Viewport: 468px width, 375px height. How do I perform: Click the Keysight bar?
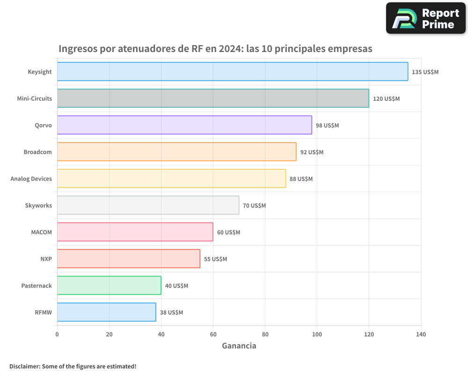233,72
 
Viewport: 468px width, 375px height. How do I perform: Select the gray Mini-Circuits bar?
213,98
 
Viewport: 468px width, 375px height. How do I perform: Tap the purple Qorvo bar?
184,125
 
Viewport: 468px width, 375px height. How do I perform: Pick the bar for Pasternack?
109,285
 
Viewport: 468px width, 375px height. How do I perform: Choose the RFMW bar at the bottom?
107,312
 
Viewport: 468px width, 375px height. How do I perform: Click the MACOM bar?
135,232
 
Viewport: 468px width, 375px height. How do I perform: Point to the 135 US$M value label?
425,72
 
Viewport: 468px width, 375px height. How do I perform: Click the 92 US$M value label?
312,152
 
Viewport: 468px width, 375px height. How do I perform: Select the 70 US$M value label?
254,206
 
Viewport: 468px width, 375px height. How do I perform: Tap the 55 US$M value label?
215,259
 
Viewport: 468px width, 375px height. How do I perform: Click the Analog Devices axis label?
31,179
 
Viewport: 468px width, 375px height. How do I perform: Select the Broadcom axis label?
38,152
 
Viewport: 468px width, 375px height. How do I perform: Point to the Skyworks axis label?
38,206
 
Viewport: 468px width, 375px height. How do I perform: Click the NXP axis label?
46,259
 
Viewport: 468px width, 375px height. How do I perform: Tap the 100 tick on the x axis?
317,334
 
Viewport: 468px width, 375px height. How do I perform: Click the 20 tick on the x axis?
109,334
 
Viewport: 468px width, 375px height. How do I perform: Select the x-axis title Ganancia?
239,346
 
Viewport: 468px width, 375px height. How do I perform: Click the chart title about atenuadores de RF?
215,49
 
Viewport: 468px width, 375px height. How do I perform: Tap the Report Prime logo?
425,18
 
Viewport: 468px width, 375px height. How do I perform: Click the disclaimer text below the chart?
73,366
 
